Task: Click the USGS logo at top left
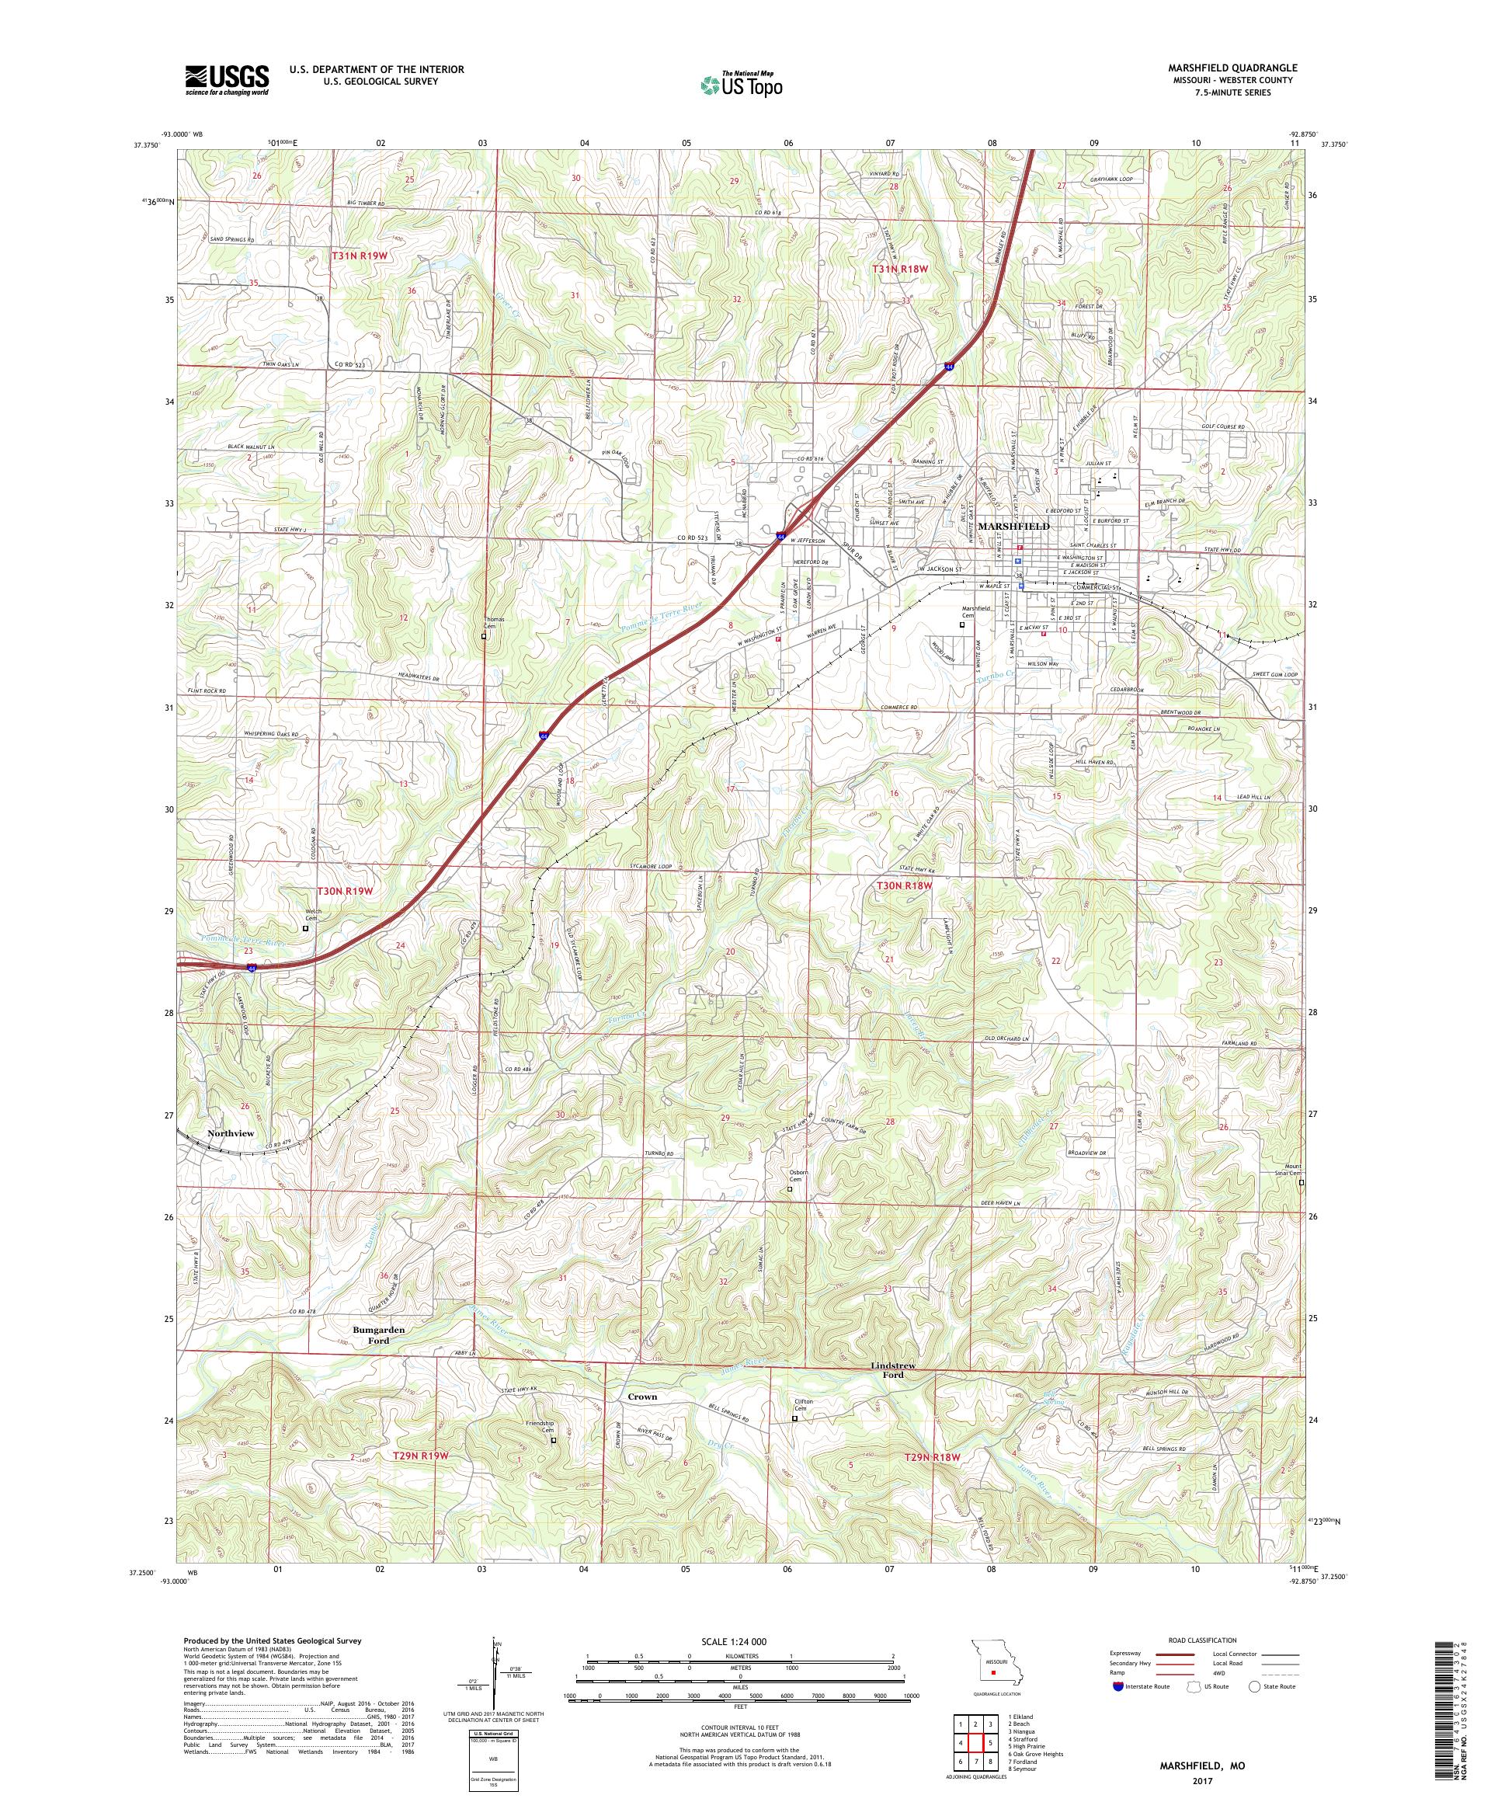(227, 81)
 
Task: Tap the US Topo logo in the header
(742, 84)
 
